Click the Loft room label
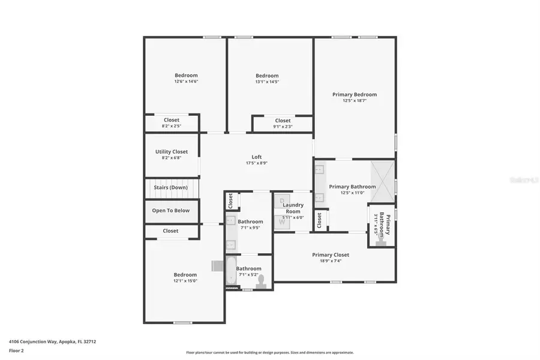[x=256, y=157]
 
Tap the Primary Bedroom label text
[x=355, y=94]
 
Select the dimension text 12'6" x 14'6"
[x=186, y=82]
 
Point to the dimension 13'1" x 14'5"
[x=267, y=82]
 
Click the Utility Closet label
[x=172, y=152]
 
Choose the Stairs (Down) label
[x=171, y=187]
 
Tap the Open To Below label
[x=171, y=211]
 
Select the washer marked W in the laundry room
[x=282, y=222]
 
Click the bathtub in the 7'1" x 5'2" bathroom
[x=230, y=271]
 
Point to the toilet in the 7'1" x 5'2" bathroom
[x=261, y=284]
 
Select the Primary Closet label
[x=331, y=255]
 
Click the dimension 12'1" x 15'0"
[x=185, y=281]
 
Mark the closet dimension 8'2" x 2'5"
[x=172, y=127]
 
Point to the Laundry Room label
[x=293, y=208]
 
